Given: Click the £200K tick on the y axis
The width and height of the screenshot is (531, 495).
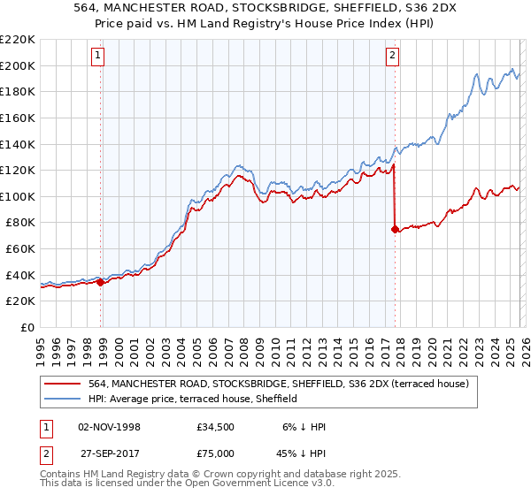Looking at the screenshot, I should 18,65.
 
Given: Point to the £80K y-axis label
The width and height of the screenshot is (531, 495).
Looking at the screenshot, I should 20,223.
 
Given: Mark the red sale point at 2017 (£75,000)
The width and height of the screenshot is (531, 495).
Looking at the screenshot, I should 395,229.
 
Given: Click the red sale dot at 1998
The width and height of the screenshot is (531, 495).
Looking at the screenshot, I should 100,282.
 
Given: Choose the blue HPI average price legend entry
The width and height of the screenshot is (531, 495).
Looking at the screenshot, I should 194,400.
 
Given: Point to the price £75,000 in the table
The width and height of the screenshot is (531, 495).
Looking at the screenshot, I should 217,452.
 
